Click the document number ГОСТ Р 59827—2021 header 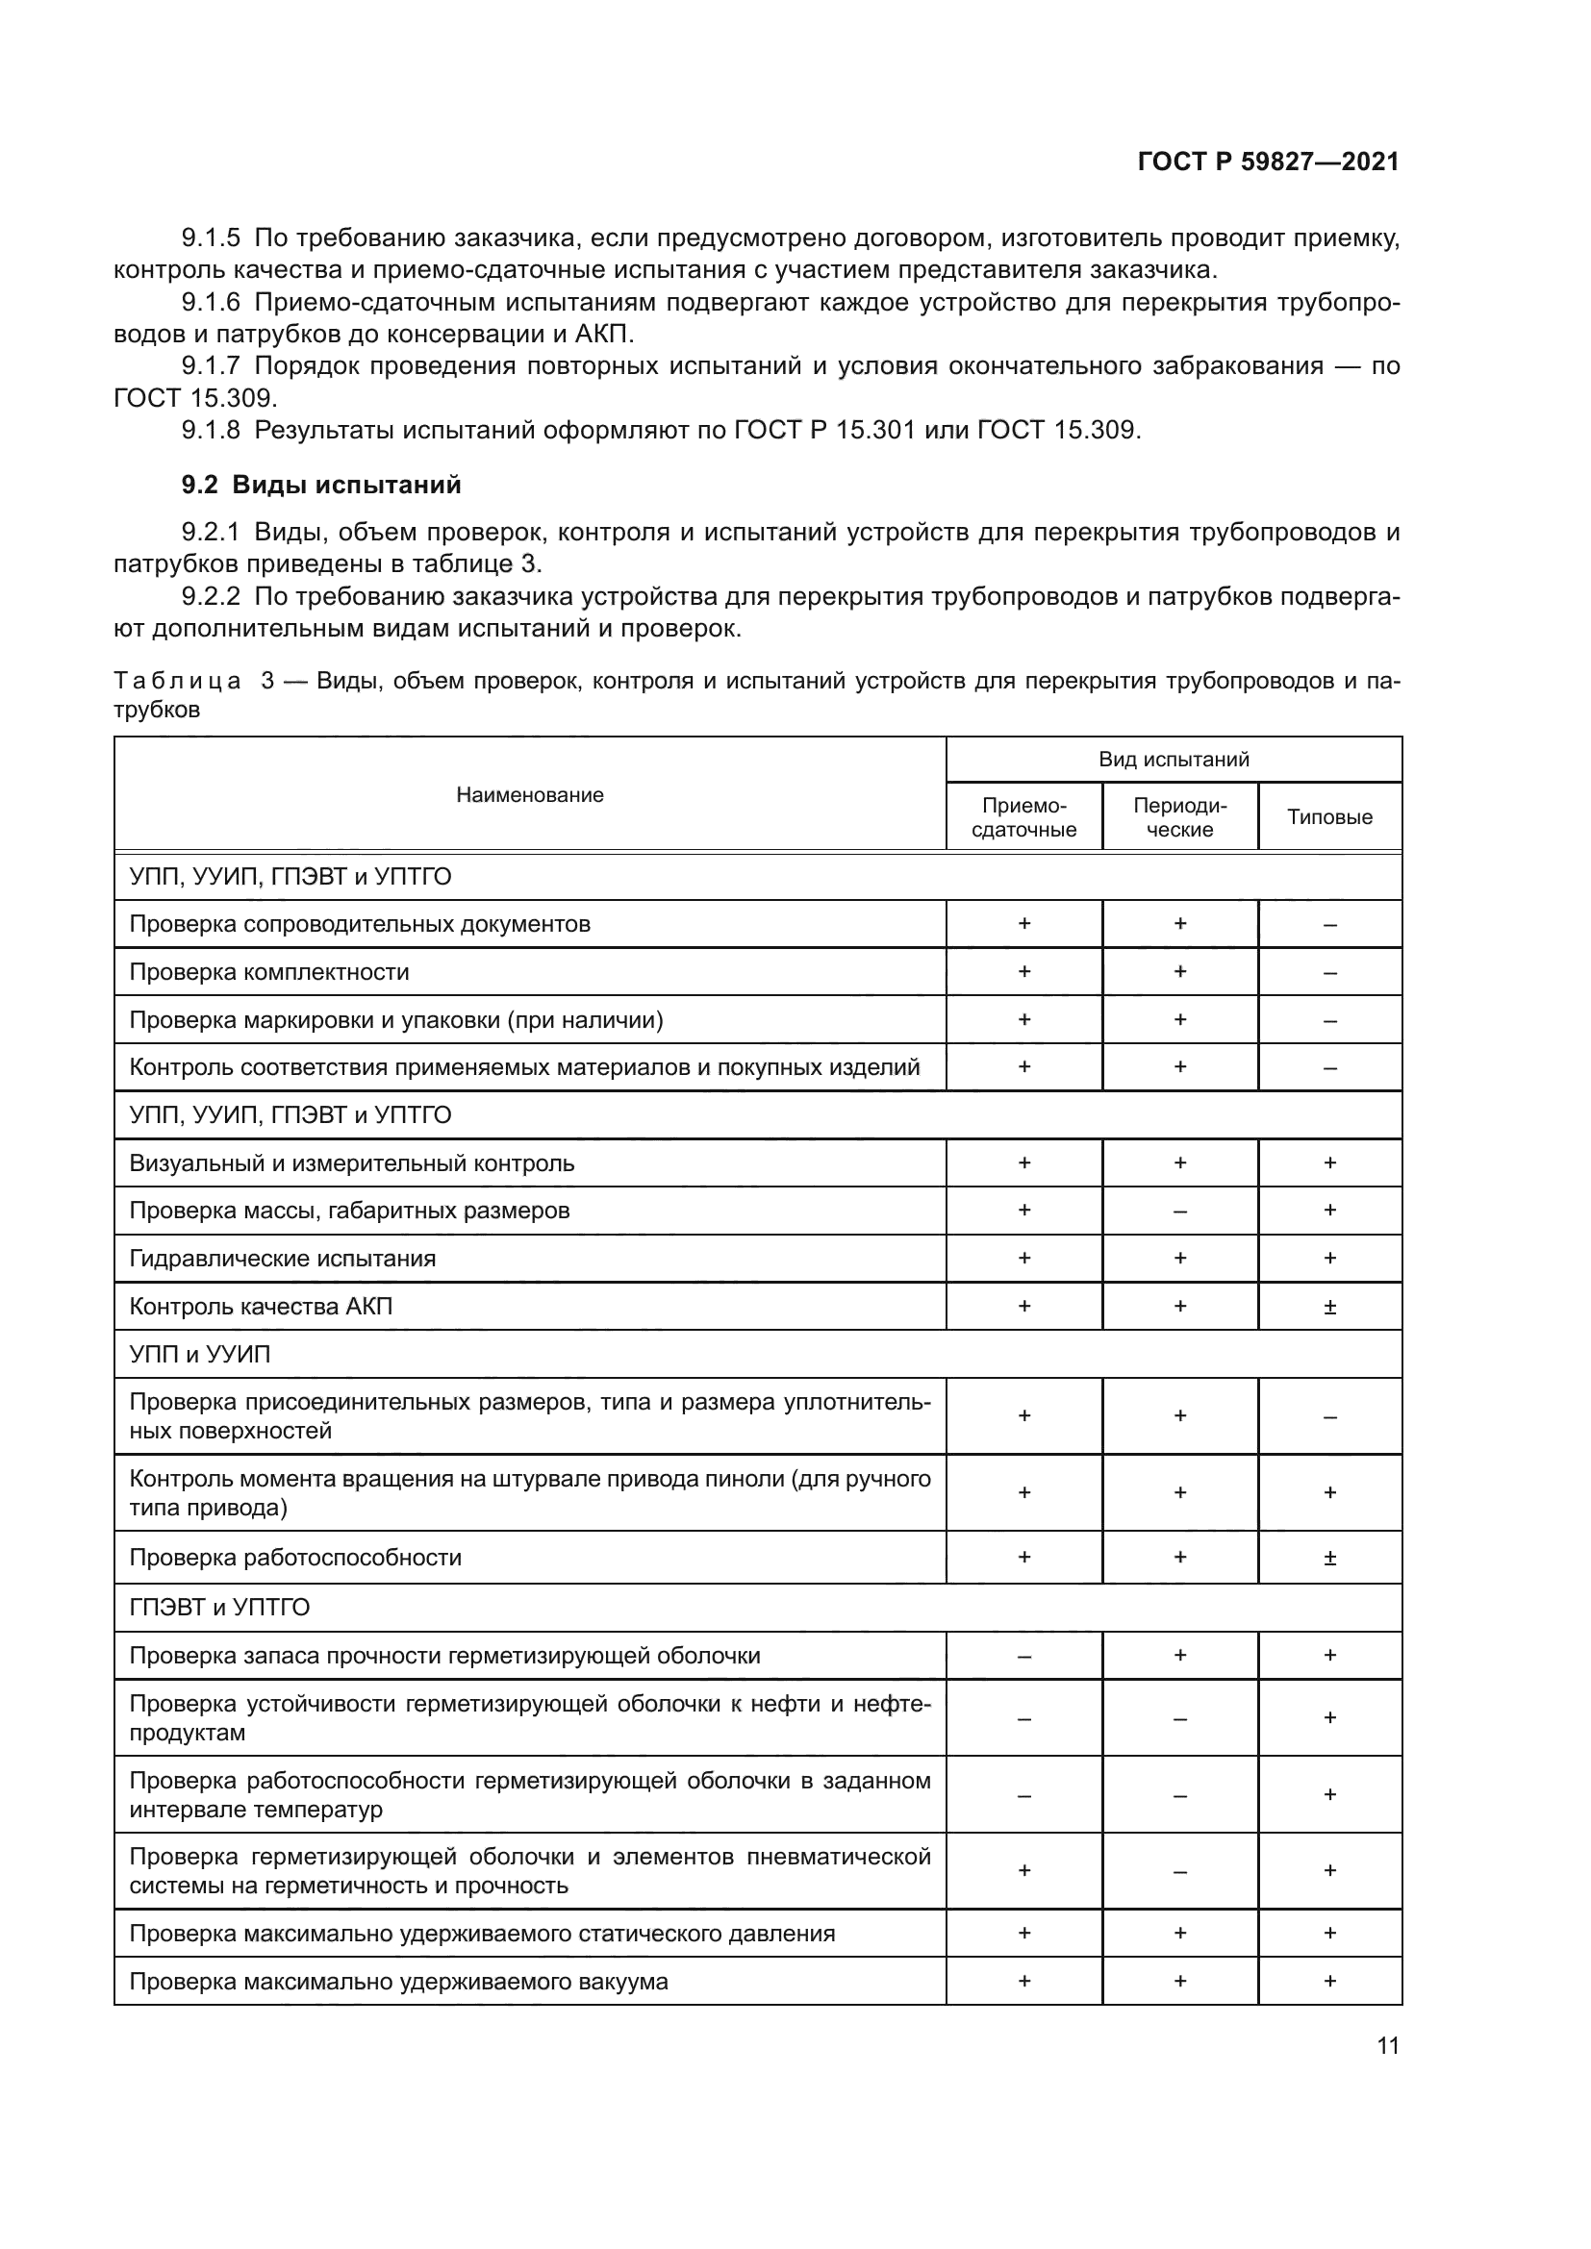[x=1268, y=162]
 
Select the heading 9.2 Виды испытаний [x=320, y=485]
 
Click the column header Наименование [x=530, y=794]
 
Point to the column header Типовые [x=1329, y=817]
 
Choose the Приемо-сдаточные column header [x=1023, y=817]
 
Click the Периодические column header [x=1179, y=817]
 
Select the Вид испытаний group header [x=1174, y=760]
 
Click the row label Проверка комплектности [x=269, y=972]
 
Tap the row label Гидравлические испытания [x=282, y=1258]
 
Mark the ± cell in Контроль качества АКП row [x=1329, y=1307]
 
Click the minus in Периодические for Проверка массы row [x=1179, y=1212]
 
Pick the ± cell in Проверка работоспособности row [x=1329, y=1558]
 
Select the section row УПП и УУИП [x=200, y=1355]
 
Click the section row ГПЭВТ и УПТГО [x=219, y=1608]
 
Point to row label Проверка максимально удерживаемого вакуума [x=399, y=1982]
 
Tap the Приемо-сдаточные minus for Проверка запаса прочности [x=1023, y=1657]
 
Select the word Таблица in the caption [x=177, y=681]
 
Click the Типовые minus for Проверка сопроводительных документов [x=1329, y=925]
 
